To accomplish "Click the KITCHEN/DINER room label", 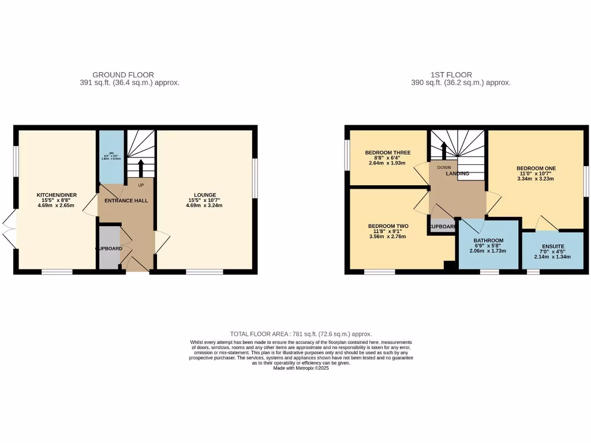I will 57,195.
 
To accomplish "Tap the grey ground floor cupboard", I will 108,248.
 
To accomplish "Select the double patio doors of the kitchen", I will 9,230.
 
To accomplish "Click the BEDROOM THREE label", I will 388,153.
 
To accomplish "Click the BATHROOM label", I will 488,241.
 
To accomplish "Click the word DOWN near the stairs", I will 444,168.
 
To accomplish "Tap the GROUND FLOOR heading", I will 123,74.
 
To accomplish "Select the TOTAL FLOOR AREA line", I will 301,334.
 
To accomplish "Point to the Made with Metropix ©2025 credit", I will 301,368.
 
